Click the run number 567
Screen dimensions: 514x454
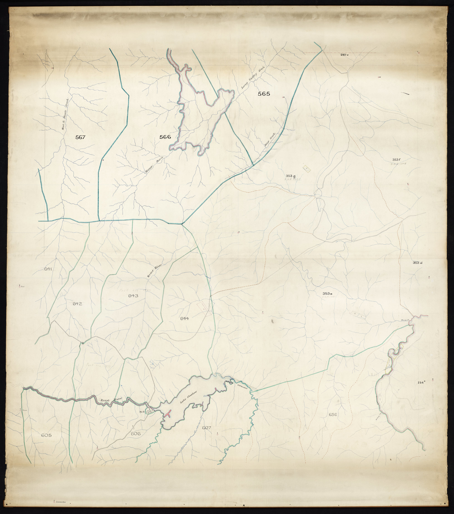(80, 137)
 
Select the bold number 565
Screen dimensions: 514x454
(264, 94)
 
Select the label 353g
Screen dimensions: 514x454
(290, 175)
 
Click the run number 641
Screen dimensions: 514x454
(48, 269)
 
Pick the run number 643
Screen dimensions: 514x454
(133, 296)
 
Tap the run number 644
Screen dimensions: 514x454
(185, 319)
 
